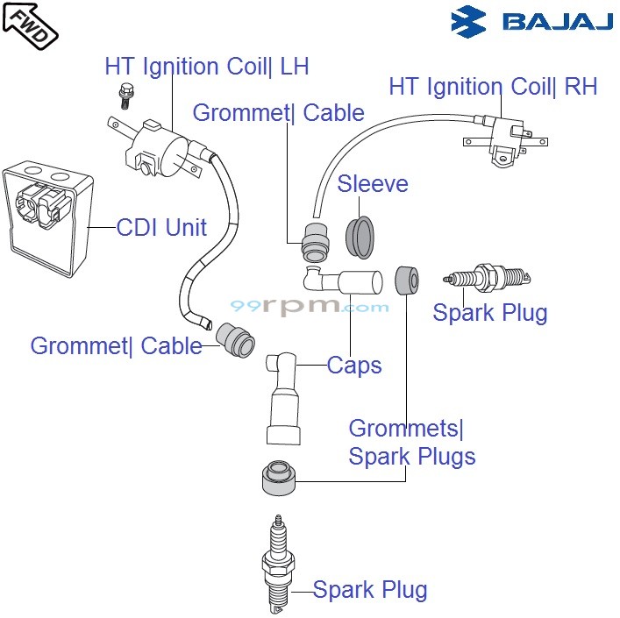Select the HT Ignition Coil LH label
(x=206, y=67)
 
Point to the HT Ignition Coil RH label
(x=493, y=87)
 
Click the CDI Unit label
(x=161, y=228)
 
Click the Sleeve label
(x=373, y=184)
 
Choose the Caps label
(x=354, y=366)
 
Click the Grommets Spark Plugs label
(x=411, y=443)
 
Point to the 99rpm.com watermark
(x=309, y=308)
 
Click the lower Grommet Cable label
(x=117, y=345)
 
